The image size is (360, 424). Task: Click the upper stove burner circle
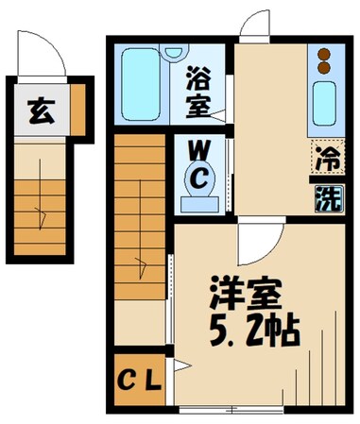[324, 55]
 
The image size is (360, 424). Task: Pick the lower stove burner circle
[324, 68]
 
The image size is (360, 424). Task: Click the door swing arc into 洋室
[257, 247]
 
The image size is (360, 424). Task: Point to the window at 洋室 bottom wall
[234, 408]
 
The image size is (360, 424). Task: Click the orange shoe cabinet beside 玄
[77, 110]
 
